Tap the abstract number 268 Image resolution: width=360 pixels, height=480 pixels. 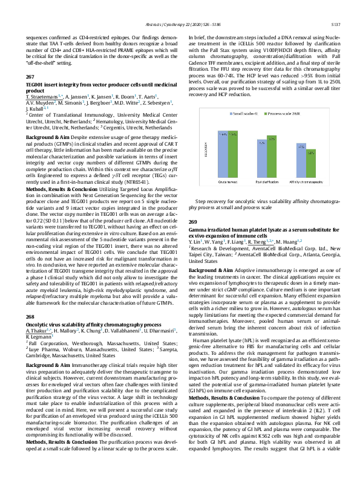(31, 316)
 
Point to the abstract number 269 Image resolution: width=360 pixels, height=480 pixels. (194, 222)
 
